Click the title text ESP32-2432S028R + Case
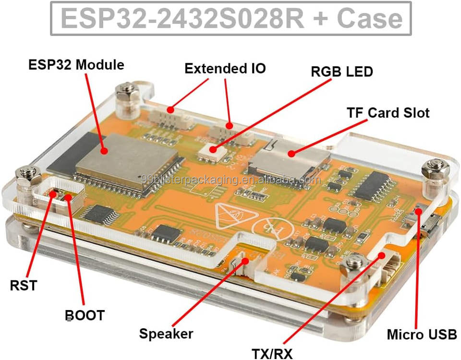(x=231, y=18)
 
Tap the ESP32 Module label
(x=76, y=65)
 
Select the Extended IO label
(x=225, y=68)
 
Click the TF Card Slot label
(x=388, y=113)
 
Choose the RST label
(x=23, y=285)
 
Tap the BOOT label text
(x=85, y=315)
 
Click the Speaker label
(x=166, y=334)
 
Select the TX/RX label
(x=272, y=353)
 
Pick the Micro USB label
(x=422, y=334)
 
